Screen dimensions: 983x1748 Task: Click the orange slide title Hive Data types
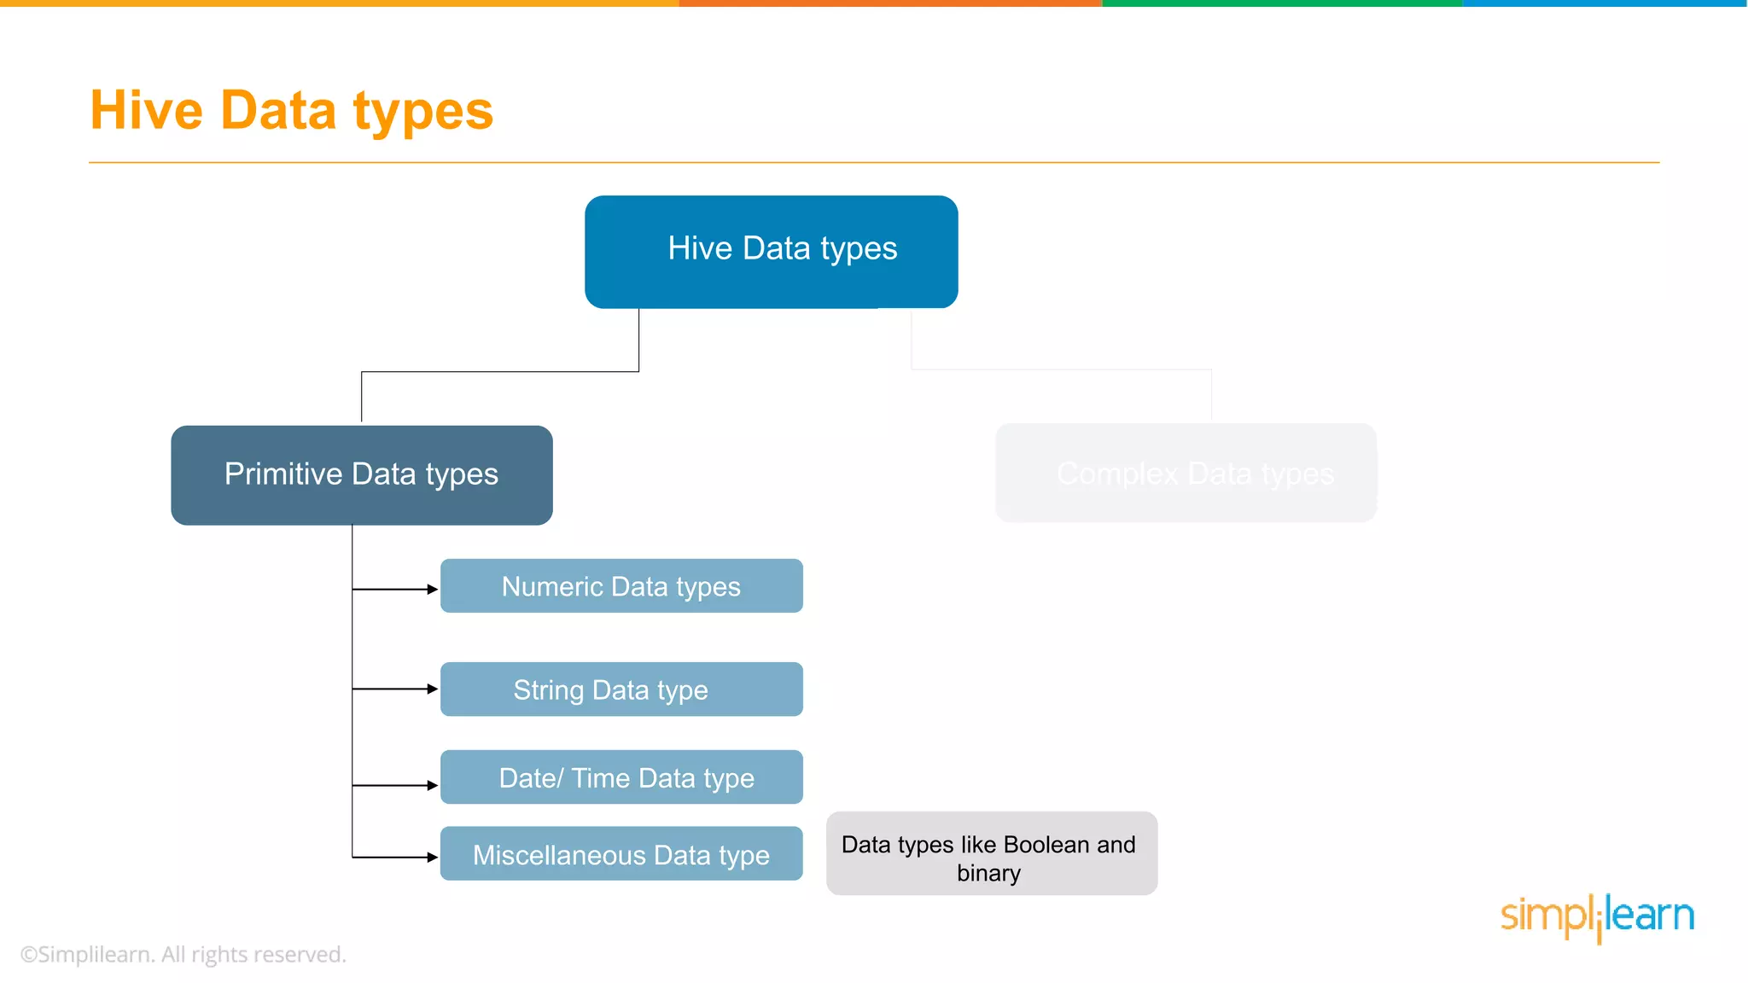pyautogui.click(x=291, y=111)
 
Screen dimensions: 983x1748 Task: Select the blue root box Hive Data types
pyautogui.click(x=771, y=252)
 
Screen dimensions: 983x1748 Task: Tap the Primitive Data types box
pyautogui.click(x=361, y=474)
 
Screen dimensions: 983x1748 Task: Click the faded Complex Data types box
pyautogui.click(x=1186, y=473)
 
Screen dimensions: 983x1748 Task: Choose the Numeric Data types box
pyautogui.click(x=621, y=586)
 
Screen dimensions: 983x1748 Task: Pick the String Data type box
pyautogui.click(x=621, y=689)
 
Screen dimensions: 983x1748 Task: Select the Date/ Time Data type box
pyautogui.click(x=621, y=777)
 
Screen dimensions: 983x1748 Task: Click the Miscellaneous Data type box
pyautogui.click(x=621, y=854)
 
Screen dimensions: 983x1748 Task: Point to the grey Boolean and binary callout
pyautogui.click(x=991, y=854)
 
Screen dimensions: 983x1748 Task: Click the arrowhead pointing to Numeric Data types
pyautogui.click(x=433, y=589)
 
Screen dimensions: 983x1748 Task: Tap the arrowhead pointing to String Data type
pyautogui.click(x=433, y=689)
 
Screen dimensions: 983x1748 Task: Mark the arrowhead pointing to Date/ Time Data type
pyautogui.click(x=433, y=785)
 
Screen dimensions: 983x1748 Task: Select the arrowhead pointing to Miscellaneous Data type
pyautogui.click(x=433, y=857)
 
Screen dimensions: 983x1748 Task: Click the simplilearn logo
pyautogui.click(x=1597, y=916)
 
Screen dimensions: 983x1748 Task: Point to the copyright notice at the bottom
pyautogui.click(x=184, y=954)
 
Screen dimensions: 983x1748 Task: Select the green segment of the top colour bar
pyautogui.click(x=1282, y=3)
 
